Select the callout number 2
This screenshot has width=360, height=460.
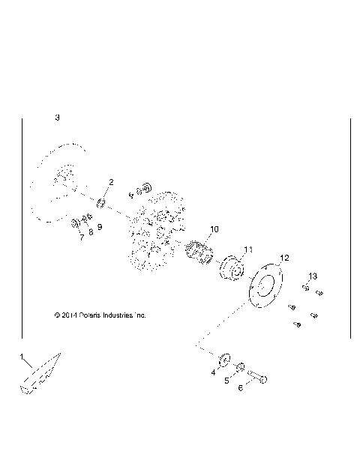coord(111,182)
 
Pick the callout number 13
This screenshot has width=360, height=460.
coord(313,276)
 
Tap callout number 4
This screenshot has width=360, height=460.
coord(213,372)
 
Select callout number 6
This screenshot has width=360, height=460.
coord(241,388)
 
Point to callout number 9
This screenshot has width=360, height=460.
coord(100,227)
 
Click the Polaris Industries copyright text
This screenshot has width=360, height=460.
coord(100,315)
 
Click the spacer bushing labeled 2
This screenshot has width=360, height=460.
coord(100,204)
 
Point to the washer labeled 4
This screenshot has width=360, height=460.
coord(224,355)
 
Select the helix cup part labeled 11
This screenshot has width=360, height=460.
coord(234,270)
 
